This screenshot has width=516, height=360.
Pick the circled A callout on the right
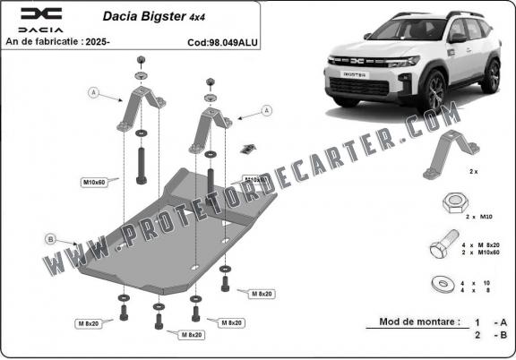(x=266, y=110)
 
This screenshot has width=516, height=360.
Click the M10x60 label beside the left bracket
(x=95, y=184)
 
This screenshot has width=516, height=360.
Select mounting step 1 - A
(x=490, y=321)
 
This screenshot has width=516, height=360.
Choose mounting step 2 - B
(x=490, y=337)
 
